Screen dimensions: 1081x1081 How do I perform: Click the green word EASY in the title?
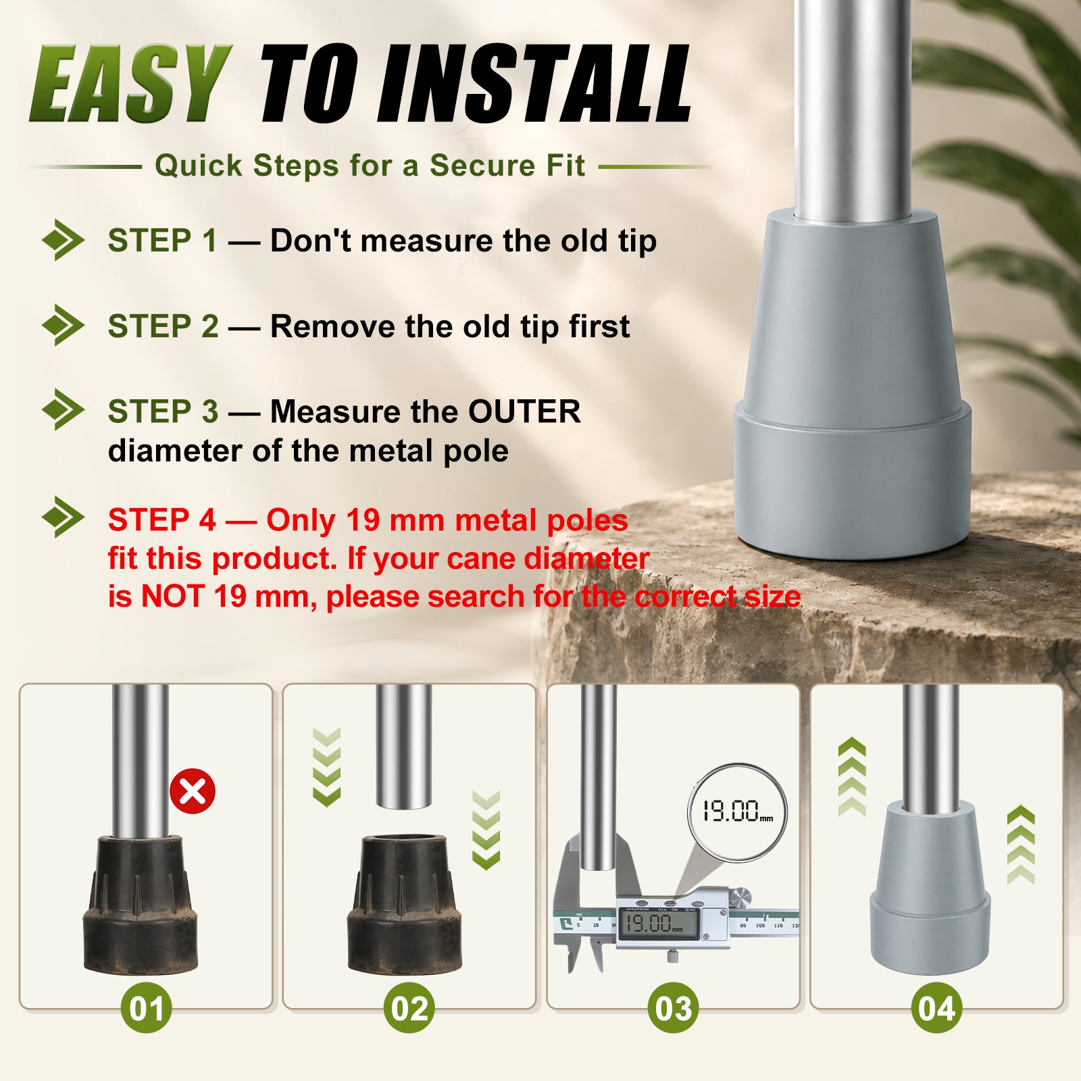coord(131,83)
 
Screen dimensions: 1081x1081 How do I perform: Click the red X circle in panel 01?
coord(193,791)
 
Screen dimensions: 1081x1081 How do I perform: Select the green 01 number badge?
coord(146,1008)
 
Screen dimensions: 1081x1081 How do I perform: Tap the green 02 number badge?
coord(409,1008)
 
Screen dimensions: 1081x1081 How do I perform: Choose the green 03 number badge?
coord(673,1008)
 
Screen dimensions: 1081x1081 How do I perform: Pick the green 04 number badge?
coord(936,1008)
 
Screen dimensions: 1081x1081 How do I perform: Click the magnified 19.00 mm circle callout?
coord(737,811)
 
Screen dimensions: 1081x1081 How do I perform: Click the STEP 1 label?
coord(163,241)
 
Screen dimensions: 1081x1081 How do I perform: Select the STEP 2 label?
coord(164,326)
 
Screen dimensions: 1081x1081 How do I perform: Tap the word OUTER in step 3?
coord(524,411)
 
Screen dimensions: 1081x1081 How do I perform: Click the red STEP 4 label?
coord(162,520)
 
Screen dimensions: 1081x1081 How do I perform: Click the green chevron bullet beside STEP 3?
coord(63,409)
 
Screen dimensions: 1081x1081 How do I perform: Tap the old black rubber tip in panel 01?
coord(141,905)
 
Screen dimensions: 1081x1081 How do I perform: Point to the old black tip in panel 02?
coord(404,905)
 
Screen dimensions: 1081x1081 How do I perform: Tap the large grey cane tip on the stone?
coord(852,385)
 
